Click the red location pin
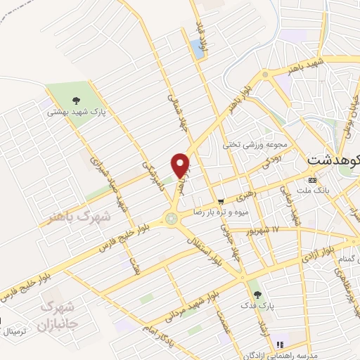[x=180, y=165]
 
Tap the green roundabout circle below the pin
[x=171, y=219]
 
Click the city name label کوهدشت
[x=334, y=161]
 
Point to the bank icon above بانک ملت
[x=313, y=180]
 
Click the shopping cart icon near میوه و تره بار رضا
[x=221, y=200]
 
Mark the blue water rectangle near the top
[x=196, y=48]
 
